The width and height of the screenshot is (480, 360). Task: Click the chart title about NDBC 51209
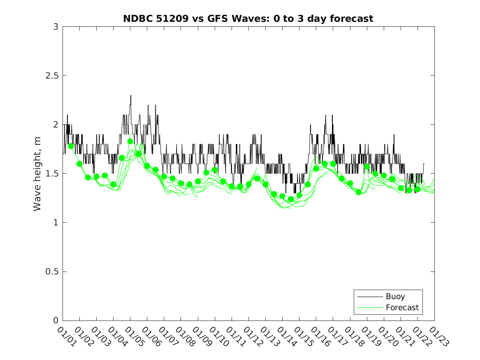[x=248, y=19]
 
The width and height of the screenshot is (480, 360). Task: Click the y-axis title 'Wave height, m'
[x=37, y=174]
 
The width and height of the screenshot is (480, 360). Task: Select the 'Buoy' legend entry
[x=395, y=297]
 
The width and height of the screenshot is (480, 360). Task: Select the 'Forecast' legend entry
[x=402, y=307]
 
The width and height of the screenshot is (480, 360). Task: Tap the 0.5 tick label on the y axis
[x=52, y=272]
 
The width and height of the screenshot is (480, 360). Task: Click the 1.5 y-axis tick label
[x=52, y=174]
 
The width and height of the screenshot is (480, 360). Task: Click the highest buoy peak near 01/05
[x=131, y=95]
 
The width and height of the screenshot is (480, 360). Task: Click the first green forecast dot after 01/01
[x=71, y=146]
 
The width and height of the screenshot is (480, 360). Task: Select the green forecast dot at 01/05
[x=130, y=141]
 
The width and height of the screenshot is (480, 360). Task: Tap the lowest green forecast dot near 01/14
[x=291, y=199]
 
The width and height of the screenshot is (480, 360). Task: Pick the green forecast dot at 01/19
[x=367, y=167]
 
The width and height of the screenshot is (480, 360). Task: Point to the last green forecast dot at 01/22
[x=417, y=189]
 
